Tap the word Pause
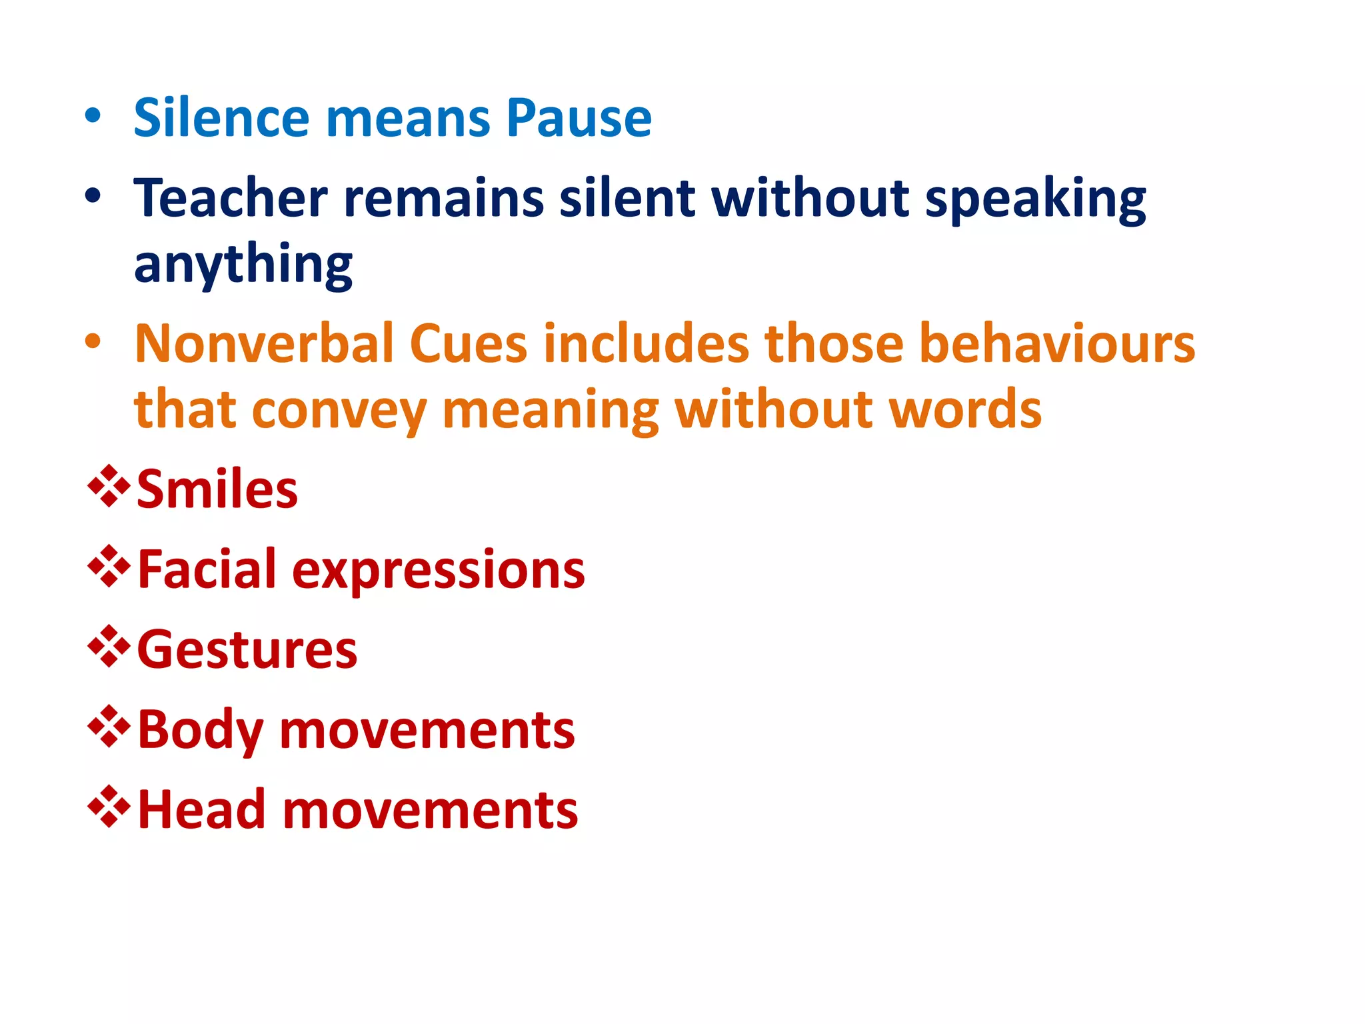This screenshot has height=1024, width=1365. [579, 118]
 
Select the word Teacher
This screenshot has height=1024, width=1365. [231, 198]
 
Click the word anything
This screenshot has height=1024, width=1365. [243, 265]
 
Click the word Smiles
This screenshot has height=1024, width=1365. [217, 490]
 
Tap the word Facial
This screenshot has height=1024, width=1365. [206, 570]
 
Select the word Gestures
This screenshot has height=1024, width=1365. [247, 650]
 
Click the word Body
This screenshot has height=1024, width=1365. [199, 731]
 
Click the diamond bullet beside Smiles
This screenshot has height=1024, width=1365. [109, 487]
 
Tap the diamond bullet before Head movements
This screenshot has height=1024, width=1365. [109, 807]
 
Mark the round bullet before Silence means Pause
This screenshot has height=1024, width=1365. [93, 117]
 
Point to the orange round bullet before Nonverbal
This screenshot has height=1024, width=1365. [93, 342]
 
